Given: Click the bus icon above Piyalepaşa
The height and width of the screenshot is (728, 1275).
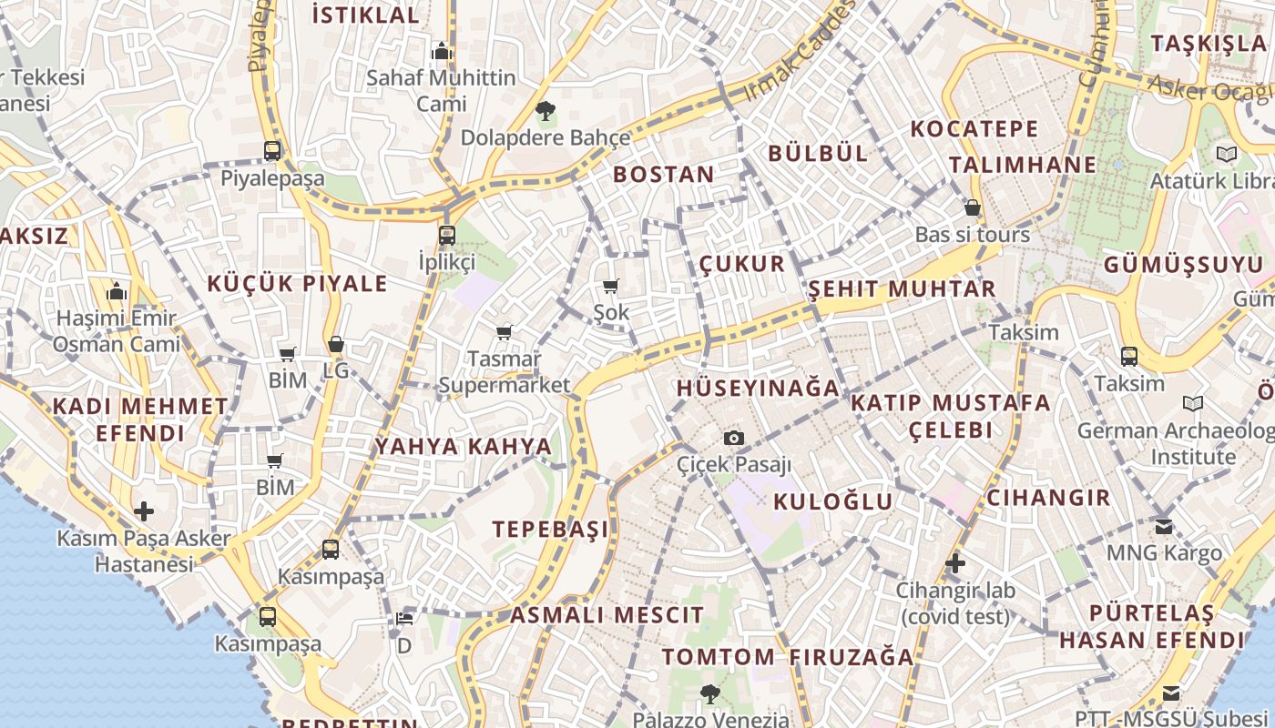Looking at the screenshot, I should point(271,151).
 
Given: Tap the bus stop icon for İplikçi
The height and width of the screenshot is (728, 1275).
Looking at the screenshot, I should point(446,236).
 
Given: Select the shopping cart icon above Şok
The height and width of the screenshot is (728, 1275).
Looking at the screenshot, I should point(611,287).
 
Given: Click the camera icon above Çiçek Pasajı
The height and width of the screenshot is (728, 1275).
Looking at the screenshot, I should point(734,439).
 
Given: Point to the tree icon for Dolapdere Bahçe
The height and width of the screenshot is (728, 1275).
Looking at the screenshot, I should point(546,112).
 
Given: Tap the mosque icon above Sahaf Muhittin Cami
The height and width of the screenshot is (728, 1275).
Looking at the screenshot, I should point(442,51).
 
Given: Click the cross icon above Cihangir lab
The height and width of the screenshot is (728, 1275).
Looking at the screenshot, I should point(954,563).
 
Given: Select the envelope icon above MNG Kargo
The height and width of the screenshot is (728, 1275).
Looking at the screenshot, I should point(1164,526).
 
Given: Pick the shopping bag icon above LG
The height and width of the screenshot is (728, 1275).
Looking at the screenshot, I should point(336,344).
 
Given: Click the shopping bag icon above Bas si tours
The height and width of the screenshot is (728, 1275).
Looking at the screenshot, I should point(973,207).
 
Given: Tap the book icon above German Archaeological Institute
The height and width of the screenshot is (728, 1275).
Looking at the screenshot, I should point(1192,403).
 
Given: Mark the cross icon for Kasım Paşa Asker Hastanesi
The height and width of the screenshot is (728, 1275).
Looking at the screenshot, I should point(144,511).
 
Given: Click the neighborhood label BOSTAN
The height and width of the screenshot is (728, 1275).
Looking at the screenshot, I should point(664,175).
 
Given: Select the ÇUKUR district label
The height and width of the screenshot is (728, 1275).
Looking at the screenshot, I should point(741,264).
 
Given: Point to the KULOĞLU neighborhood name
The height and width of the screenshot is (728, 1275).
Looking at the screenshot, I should point(833,501).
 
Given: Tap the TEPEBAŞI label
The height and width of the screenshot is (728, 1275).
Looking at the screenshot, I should point(550,529).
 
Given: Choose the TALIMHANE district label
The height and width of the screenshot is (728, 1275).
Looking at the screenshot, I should point(1023,165).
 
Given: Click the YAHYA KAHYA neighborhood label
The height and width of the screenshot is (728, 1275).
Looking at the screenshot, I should point(464,447).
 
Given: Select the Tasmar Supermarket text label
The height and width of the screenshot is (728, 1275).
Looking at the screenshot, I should point(504,372).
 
